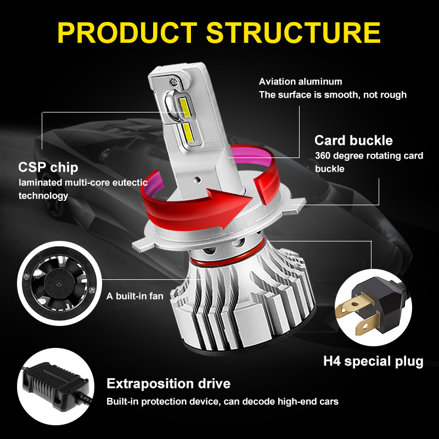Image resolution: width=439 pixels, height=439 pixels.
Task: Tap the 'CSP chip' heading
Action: coord(48,167)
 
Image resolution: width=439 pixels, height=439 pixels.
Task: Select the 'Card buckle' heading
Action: coord(353,140)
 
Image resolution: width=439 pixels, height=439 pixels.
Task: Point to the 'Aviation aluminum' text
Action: coord(300,81)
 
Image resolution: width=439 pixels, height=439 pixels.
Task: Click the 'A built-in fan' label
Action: coord(135,296)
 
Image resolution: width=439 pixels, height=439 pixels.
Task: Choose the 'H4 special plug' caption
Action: coord(373,361)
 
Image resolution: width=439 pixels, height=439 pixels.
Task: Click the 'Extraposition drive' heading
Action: coord(168,383)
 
